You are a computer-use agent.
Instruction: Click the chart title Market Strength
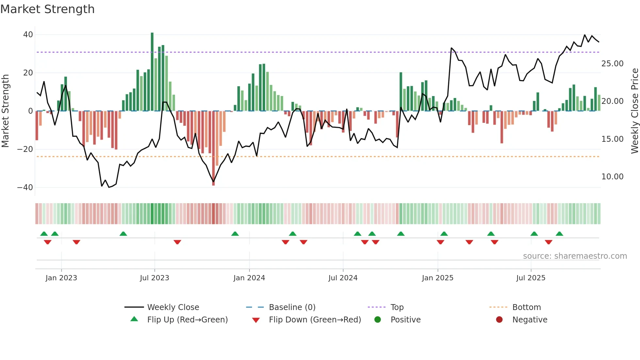click(x=47, y=9)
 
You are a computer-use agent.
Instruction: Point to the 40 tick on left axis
click(x=28, y=35)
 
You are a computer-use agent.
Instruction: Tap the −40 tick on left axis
click(x=25, y=188)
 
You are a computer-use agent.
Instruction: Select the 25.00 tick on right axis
click(x=612, y=64)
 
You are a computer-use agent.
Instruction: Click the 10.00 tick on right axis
click(x=612, y=177)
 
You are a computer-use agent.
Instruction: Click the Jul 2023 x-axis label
click(x=154, y=278)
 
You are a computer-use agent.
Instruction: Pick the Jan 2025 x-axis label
click(x=438, y=278)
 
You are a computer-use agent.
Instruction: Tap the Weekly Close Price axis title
click(x=634, y=111)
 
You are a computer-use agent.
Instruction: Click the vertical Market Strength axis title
click(x=6, y=111)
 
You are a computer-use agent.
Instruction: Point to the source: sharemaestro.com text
click(x=575, y=256)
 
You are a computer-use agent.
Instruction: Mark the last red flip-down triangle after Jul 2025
click(x=549, y=242)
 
